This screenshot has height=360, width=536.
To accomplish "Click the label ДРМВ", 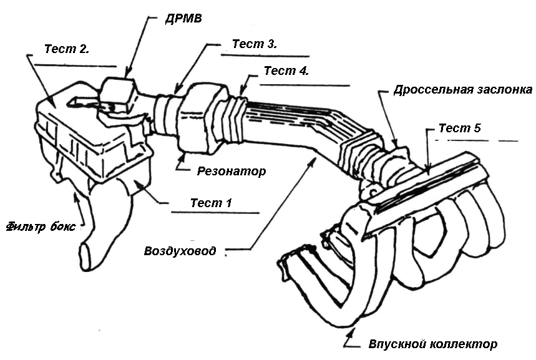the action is [183, 19].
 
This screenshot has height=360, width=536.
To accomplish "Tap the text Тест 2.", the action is [67, 49].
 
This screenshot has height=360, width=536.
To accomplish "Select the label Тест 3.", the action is [255, 44].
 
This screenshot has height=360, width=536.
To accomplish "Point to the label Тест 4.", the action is [286, 71].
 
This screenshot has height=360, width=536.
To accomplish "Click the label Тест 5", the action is [460, 128].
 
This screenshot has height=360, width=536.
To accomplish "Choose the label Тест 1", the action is [211, 203].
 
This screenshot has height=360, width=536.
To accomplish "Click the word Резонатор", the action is [231, 171].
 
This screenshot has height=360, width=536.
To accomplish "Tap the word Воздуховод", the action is [180, 251].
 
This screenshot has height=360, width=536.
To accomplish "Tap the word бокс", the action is [62, 226].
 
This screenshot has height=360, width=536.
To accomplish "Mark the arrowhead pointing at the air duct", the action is [313, 162].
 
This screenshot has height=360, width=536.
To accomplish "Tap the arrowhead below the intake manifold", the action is [353, 331].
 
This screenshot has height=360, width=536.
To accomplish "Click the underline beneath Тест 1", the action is [215, 213].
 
